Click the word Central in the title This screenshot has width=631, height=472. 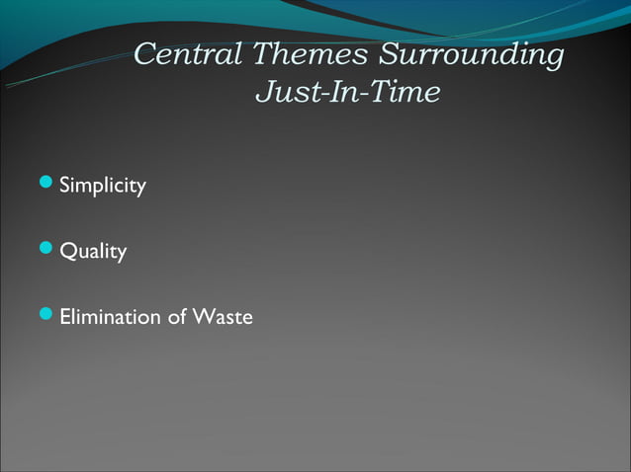[x=188, y=54]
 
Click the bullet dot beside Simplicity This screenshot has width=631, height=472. [x=47, y=184]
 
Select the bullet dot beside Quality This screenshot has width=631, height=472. [x=47, y=250]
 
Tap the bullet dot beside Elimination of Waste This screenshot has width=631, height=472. [x=47, y=316]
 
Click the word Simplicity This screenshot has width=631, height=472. [x=103, y=186]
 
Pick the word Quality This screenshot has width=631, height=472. [x=93, y=252]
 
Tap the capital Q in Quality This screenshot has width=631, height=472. [x=67, y=252]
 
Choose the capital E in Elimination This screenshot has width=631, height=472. [x=65, y=317]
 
